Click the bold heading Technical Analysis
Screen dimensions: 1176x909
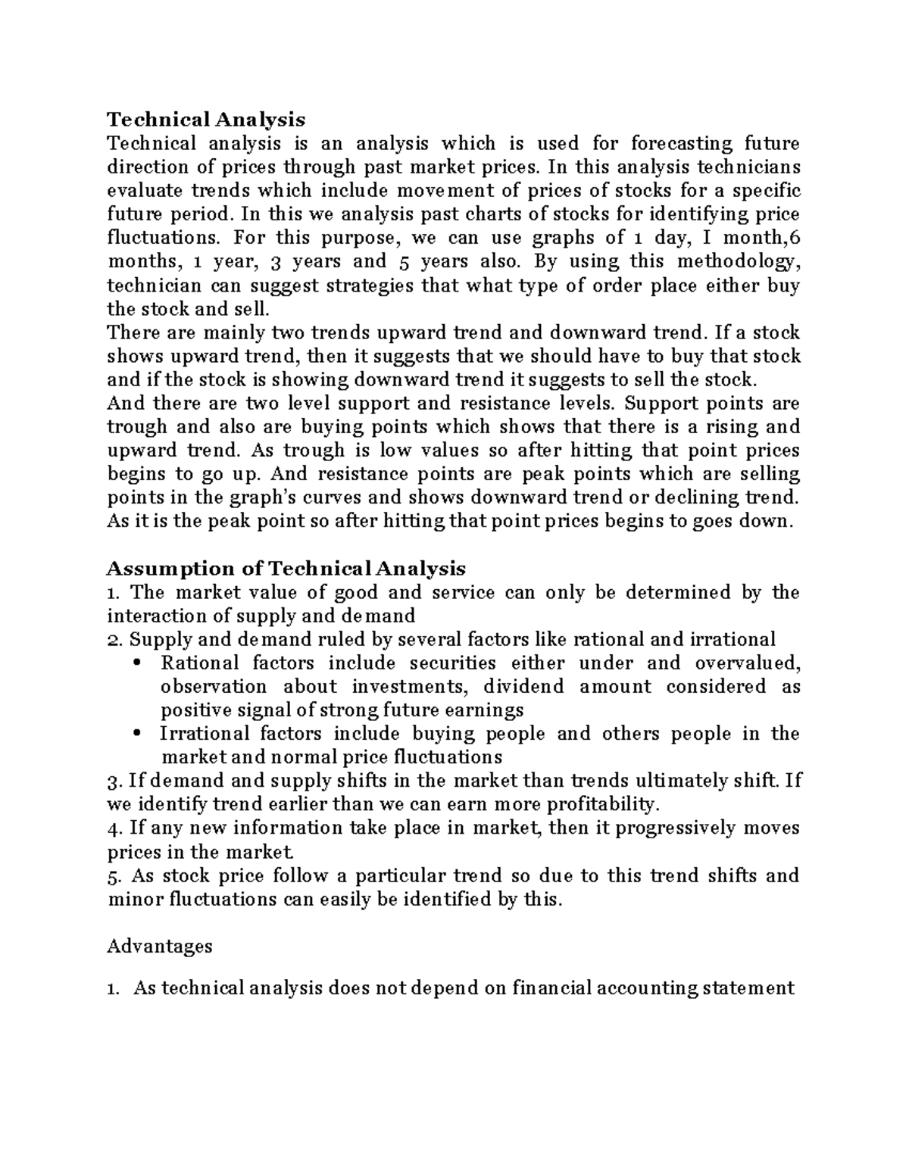(206, 120)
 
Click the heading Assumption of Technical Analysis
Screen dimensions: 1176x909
(286, 568)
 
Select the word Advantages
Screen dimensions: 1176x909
(160, 946)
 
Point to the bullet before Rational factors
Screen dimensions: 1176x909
(136, 663)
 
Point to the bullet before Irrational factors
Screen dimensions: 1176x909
(136, 734)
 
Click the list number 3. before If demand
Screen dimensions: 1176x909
(114, 781)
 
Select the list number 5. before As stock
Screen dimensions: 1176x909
(114, 875)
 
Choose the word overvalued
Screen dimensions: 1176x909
(747, 663)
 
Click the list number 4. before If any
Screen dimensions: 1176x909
(114, 828)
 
